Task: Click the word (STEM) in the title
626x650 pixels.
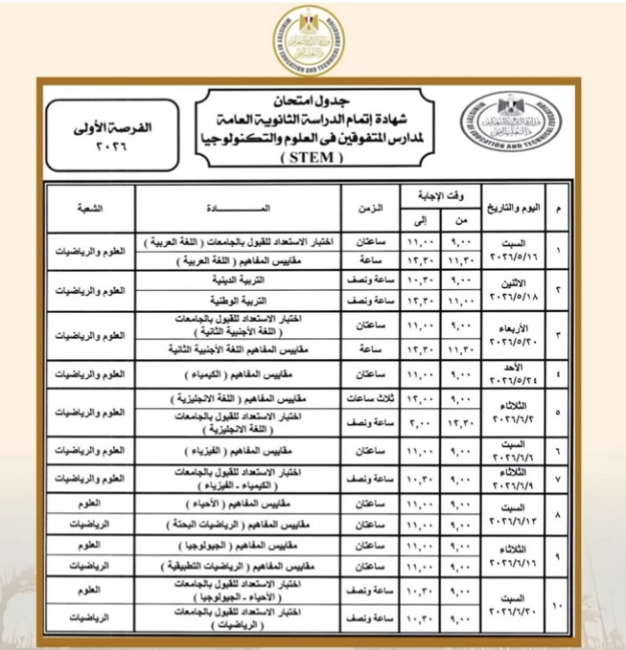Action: [x=313, y=159]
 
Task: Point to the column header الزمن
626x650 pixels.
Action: [x=372, y=207]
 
